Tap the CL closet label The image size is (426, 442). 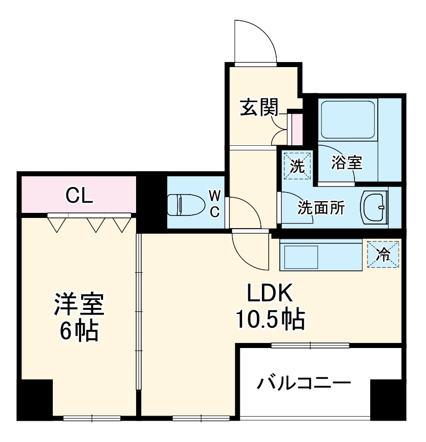tap(80, 195)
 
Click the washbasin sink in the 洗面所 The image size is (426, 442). tap(375, 207)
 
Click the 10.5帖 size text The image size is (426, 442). tap(269, 320)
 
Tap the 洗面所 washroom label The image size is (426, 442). tap(321, 208)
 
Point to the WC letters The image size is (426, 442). tap(215, 203)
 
